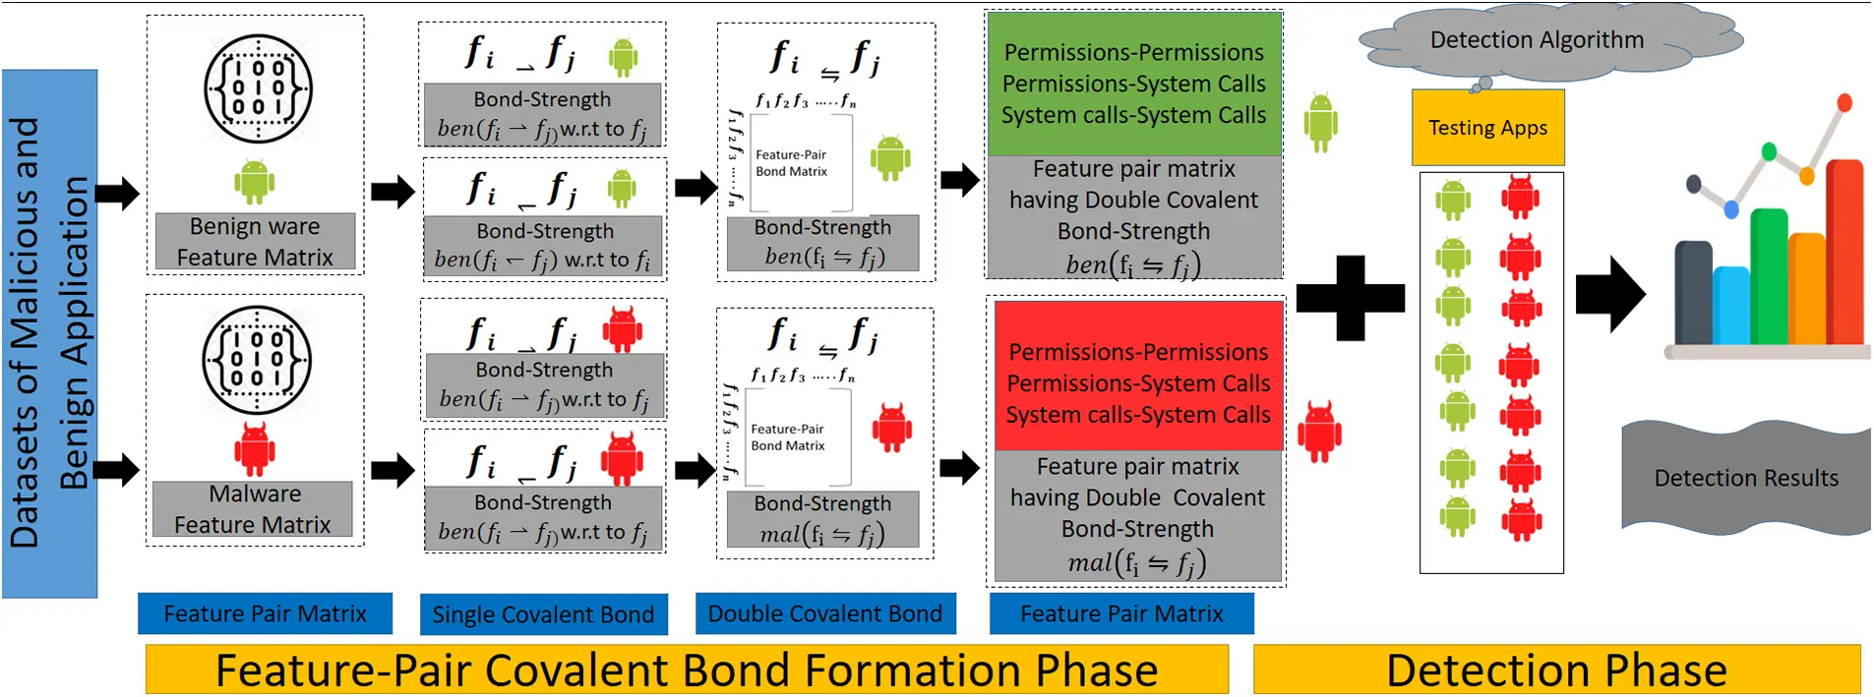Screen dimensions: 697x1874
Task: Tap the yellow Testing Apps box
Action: coord(1487,128)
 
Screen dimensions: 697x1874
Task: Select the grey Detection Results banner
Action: coord(1746,479)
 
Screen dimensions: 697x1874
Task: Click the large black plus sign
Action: coord(1350,298)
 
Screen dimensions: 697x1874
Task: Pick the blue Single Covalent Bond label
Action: coord(543,614)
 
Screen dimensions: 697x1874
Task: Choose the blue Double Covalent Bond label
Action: coord(824,613)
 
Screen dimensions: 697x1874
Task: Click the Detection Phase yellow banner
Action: coord(1556,670)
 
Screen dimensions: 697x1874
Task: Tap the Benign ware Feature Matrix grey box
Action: coord(255,242)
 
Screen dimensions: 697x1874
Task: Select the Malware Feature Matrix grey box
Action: coord(253,509)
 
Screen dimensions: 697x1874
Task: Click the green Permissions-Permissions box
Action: coord(1133,85)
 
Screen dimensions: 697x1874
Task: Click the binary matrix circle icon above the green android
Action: coord(258,88)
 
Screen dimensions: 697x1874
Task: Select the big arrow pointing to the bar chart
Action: coord(1609,294)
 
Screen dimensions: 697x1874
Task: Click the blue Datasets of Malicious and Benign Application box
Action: coord(49,333)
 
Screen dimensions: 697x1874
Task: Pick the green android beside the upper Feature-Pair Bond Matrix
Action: coord(890,157)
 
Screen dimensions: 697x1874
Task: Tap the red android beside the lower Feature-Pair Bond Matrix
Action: coord(891,428)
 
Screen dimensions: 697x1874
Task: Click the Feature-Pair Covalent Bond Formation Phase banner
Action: coord(686,670)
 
